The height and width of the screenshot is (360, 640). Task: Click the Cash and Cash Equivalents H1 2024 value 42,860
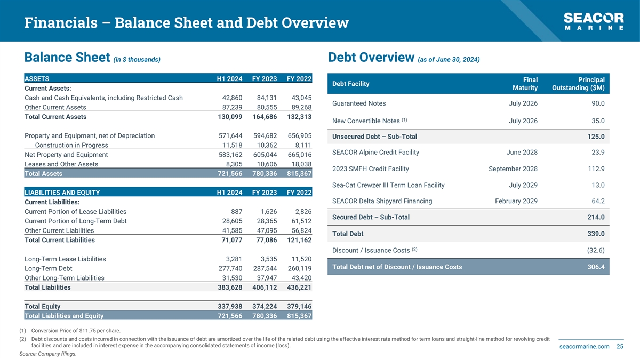click(232, 98)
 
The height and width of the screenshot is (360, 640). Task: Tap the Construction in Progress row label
click(71, 145)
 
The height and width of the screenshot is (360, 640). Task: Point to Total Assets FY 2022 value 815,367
click(299, 173)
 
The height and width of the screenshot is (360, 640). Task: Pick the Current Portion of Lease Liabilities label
click(75, 211)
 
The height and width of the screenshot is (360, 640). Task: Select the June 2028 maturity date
click(522, 153)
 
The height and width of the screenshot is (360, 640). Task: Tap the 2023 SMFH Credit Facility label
click(370, 169)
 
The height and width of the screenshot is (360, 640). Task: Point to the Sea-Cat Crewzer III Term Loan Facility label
click(388, 185)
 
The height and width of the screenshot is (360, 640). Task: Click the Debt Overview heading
click(371, 58)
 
